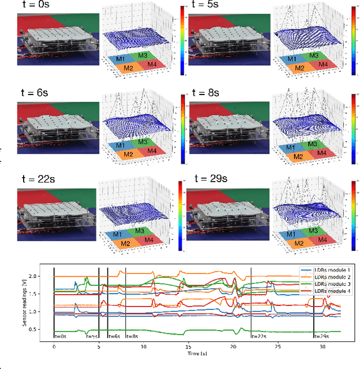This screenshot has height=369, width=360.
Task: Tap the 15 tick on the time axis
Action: click(x=188, y=348)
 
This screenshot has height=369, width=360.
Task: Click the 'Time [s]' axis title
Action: click(x=188, y=355)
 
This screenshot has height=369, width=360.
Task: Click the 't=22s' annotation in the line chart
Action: click(x=259, y=336)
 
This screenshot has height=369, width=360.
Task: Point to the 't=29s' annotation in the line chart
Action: click(x=322, y=336)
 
